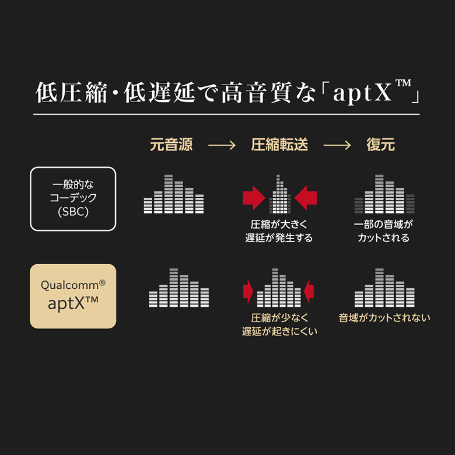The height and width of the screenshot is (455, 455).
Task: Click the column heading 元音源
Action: click(x=171, y=145)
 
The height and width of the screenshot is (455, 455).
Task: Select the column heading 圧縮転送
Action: click(x=279, y=145)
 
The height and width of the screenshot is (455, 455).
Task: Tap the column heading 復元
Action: click(x=380, y=145)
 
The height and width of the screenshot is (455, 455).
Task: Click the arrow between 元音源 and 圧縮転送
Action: click(x=222, y=145)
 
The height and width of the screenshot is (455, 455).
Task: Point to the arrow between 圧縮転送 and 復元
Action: click(x=337, y=145)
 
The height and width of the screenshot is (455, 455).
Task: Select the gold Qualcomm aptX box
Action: click(x=73, y=296)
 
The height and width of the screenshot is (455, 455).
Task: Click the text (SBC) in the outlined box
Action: click(x=73, y=212)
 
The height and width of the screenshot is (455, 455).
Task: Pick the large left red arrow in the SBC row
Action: click(x=254, y=198)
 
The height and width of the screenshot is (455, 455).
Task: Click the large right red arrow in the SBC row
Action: click(x=306, y=198)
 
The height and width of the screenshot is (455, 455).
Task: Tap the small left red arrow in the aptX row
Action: click(x=248, y=291)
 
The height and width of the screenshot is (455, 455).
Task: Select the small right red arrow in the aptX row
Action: click(x=309, y=291)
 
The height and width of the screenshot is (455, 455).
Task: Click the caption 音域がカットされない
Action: click(x=384, y=318)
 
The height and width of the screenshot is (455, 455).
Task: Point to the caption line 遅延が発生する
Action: click(x=279, y=238)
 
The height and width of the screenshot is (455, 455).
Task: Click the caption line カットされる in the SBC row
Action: click(x=383, y=238)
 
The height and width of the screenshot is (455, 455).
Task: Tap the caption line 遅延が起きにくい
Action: click(x=279, y=331)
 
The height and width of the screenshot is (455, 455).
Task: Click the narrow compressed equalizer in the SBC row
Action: click(x=280, y=194)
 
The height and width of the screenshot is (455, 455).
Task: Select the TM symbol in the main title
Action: click(x=403, y=83)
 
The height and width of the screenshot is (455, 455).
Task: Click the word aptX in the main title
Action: click(x=362, y=93)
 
